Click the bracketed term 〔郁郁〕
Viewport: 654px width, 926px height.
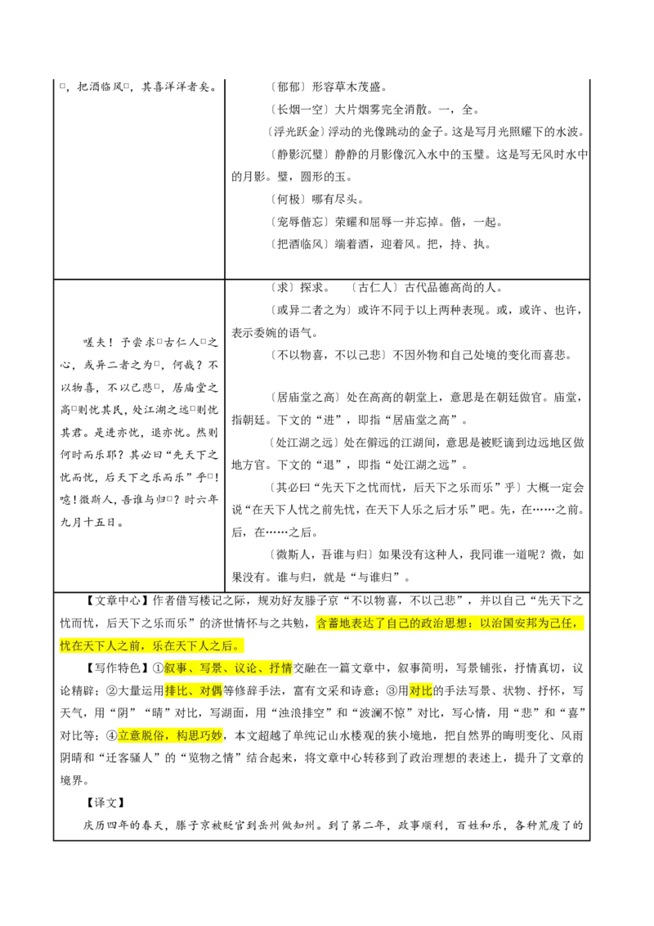(288, 88)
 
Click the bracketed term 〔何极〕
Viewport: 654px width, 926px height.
(288, 200)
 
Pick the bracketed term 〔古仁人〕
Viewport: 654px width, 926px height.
(373, 288)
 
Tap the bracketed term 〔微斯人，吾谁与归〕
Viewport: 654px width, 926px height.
(322, 555)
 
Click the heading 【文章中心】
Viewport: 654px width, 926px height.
(114, 601)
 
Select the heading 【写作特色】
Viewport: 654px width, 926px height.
(114, 668)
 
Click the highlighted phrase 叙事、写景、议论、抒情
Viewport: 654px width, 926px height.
(228, 668)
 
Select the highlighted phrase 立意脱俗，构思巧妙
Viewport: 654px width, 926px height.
(170, 736)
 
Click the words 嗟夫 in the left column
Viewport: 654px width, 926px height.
(95, 343)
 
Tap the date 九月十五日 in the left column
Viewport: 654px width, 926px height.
(88, 522)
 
